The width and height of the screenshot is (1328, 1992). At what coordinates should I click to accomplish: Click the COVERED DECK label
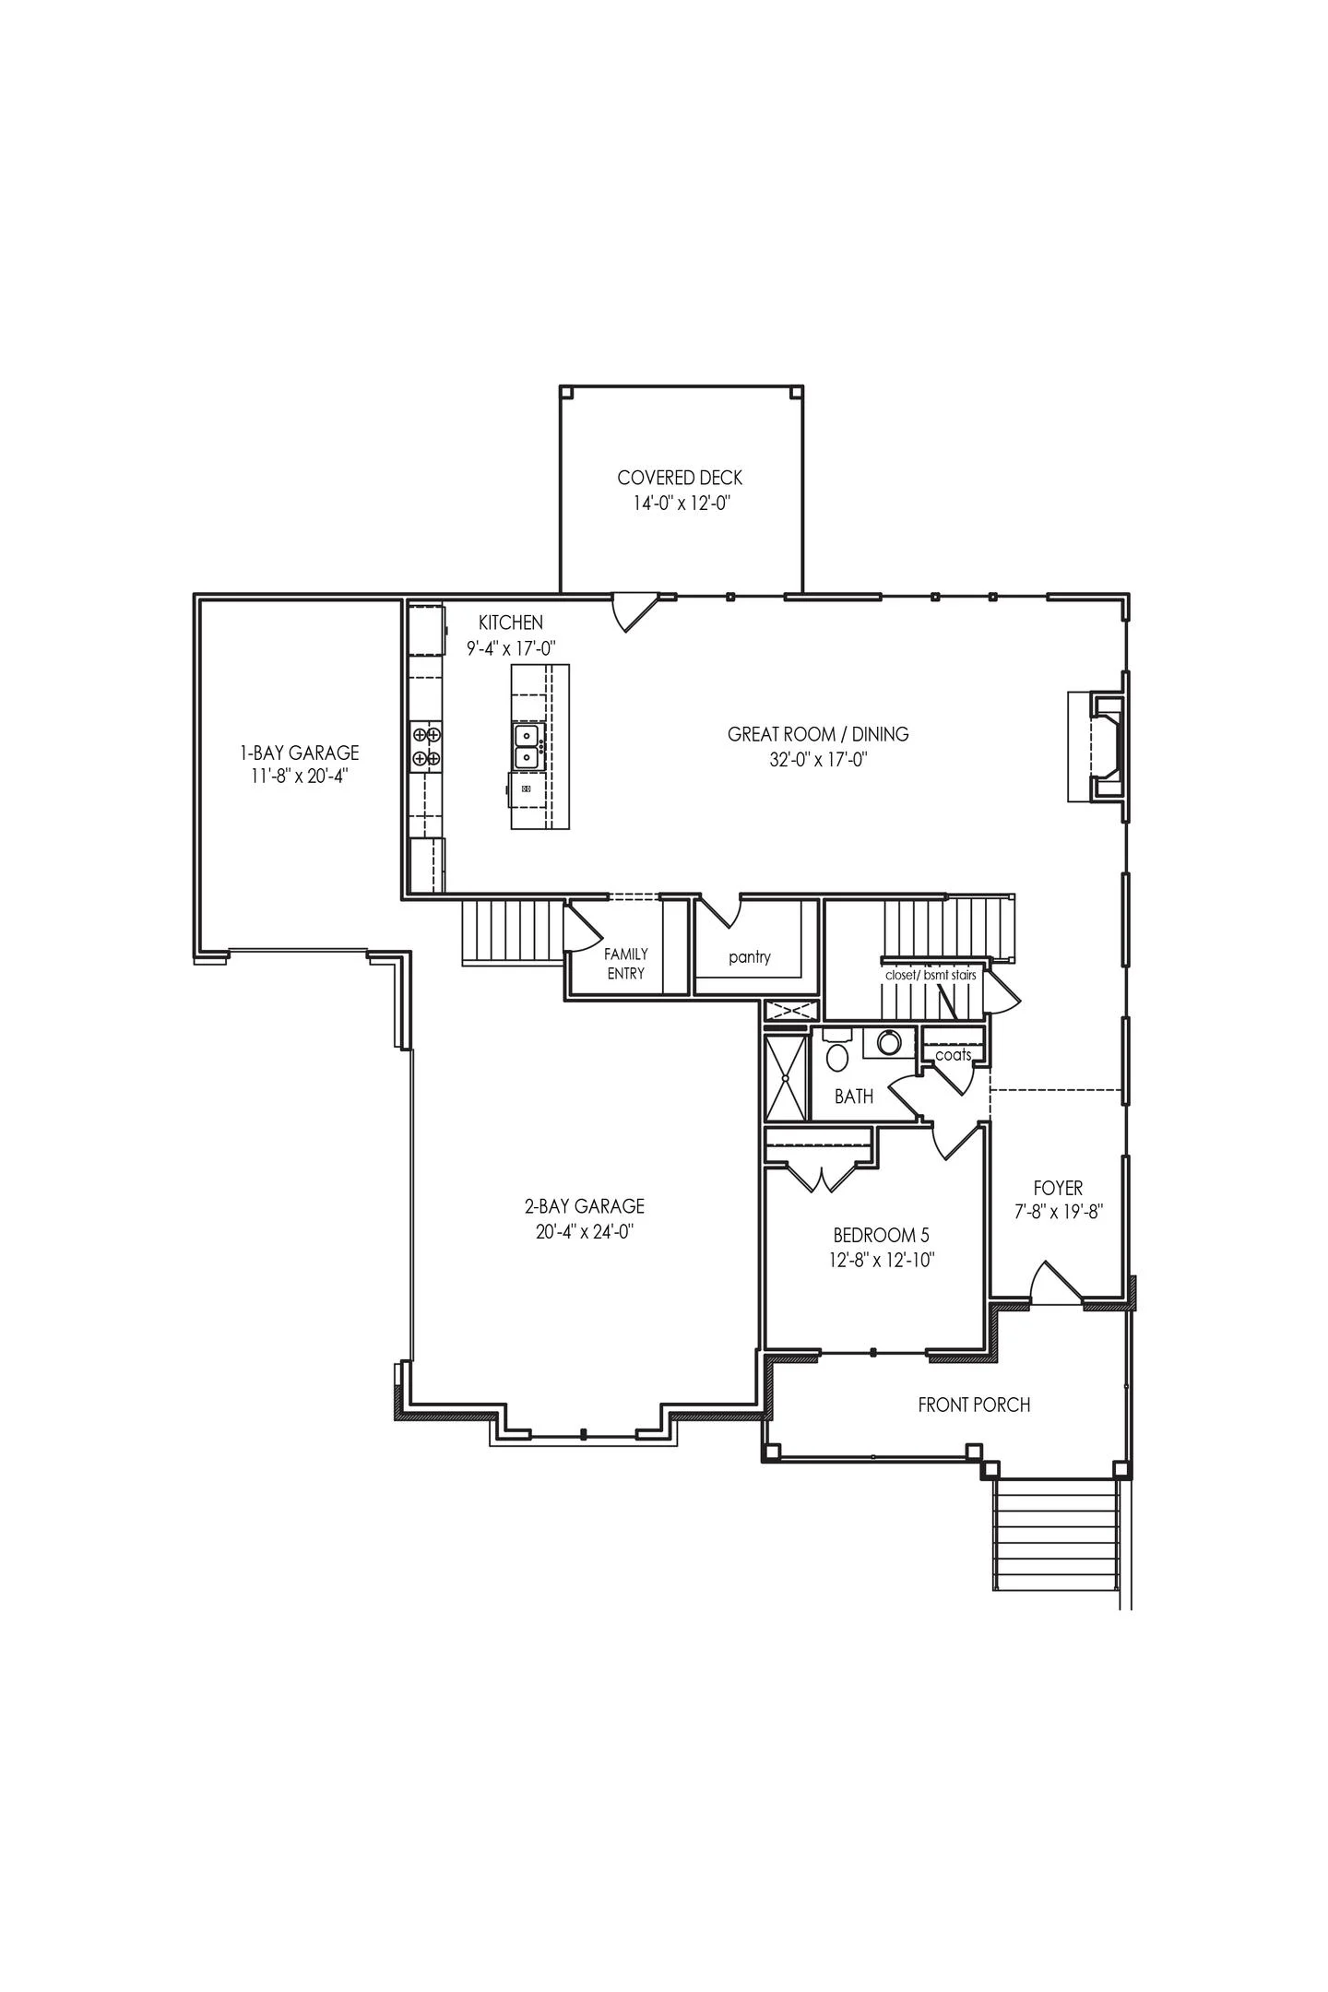tap(680, 478)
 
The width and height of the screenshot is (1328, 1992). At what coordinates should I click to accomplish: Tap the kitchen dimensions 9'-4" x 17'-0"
tap(511, 648)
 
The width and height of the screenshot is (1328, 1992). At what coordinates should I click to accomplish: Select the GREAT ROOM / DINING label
tap(818, 734)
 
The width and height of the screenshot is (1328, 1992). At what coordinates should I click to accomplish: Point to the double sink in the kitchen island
tap(528, 745)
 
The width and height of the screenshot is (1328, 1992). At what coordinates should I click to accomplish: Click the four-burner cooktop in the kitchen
tap(426, 746)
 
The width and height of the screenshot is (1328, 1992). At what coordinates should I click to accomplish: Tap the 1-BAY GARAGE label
tap(299, 753)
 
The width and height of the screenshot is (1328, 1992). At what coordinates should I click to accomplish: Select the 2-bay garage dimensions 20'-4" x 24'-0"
tap(585, 1231)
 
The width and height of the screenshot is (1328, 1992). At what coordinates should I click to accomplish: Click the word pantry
tap(749, 956)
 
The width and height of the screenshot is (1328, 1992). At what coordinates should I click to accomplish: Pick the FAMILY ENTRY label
tap(626, 963)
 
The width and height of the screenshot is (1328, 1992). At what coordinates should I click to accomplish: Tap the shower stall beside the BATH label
tap(786, 1077)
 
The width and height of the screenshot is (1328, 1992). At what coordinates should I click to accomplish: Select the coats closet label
tap(953, 1054)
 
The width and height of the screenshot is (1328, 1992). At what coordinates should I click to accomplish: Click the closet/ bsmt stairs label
tap(931, 974)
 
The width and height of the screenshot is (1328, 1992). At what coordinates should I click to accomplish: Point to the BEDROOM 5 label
tap(881, 1235)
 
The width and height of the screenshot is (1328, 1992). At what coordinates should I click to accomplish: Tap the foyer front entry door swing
tap(1053, 1284)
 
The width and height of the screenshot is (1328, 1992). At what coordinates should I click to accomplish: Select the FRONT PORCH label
tap(974, 1405)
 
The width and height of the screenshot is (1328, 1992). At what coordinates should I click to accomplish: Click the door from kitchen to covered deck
tap(633, 611)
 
